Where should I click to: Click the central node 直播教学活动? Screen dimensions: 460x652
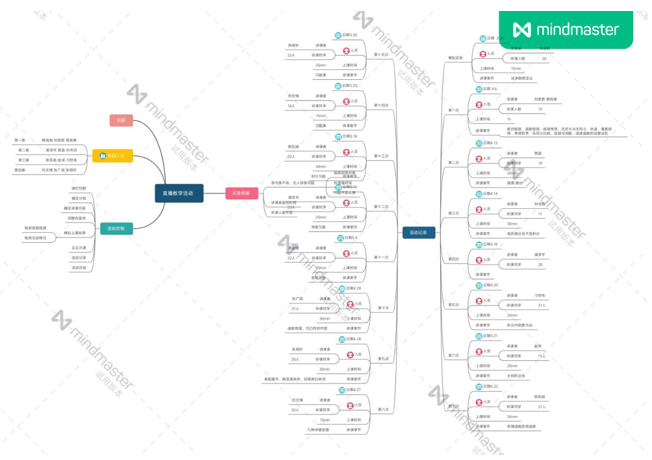pyautogui.click(x=179, y=193)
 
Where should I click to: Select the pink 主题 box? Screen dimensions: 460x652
pyautogui.click(x=121, y=120)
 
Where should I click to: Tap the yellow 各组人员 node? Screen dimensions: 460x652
pyautogui.click(x=112, y=156)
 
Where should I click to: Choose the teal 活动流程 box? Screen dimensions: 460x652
pyautogui.click(x=116, y=228)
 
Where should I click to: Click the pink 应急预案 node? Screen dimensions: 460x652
pyautogui.click(x=242, y=193)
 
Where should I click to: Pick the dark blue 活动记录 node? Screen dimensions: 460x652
pyautogui.click(x=418, y=233)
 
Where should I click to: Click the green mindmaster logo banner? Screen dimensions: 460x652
pyautogui.click(x=566, y=30)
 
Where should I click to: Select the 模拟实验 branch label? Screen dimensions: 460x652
pyautogui.click(x=455, y=58)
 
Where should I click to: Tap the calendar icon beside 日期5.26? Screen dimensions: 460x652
pyautogui.click(x=338, y=35)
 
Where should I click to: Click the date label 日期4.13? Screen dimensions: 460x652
pyautogui.click(x=490, y=143)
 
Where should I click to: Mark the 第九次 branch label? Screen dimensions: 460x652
pyautogui.click(x=383, y=358)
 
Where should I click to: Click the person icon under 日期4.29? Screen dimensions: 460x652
pyautogui.click(x=349, y=304)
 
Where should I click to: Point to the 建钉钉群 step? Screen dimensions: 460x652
pyautogui.click(x=79, y=188)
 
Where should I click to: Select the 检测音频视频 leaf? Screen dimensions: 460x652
pyautogui.click(x=36, y=228)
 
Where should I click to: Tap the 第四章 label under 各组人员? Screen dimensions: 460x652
pyautogui.click(x=19, y=170)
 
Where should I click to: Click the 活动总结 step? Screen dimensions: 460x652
pyautogui.click(x=79, y=267)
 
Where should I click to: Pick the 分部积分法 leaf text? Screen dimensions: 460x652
pyautogui.click(x=516, y=376)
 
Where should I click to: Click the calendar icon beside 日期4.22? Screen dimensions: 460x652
pyautogui.click(x=479, y=386)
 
